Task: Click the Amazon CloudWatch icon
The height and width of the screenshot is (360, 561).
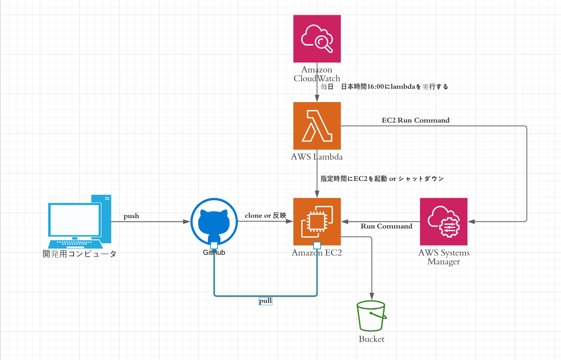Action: coord(317,39)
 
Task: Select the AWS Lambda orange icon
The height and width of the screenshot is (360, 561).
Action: coord(317,126)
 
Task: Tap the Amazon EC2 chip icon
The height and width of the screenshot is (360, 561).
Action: coord(317,221)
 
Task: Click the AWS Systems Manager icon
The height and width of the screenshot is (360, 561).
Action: coord(444,221)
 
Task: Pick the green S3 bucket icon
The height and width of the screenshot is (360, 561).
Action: coord(371,316)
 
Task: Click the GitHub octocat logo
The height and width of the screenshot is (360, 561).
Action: coord(214,222)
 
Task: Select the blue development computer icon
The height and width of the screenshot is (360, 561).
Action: coord(80,221)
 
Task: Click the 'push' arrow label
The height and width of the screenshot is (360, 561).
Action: coord(131,216)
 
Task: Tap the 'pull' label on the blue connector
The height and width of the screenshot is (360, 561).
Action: coord(265,301)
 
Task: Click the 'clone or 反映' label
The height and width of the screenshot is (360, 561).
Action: coord(266,216)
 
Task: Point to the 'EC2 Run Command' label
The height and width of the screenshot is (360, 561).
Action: coord(416,120)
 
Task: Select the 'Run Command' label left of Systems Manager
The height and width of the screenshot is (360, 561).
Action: coord(386,226)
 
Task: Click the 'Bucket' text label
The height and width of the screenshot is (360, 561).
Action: coord(371,339)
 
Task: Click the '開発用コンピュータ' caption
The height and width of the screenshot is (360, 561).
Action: coord(79,254)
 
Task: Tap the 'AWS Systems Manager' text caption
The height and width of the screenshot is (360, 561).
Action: coord(444,257)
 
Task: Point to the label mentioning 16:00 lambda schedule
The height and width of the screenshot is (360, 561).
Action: coord(384,87)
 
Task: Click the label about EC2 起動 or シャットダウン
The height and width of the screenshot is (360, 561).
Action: coord(382,178)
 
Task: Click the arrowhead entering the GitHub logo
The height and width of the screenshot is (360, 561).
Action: coord(187,221)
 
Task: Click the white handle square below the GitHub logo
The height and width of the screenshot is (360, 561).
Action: coord(214,245)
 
